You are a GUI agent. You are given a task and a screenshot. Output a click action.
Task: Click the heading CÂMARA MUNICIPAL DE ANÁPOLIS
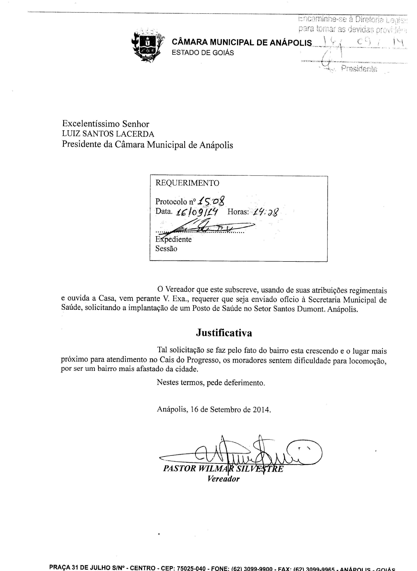[242, 42]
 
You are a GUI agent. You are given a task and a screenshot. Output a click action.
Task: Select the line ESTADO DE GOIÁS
[203, 53]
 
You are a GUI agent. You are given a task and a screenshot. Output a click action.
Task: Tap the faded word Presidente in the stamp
[359, 68]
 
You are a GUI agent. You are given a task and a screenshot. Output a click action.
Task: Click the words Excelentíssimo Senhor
[106, 124]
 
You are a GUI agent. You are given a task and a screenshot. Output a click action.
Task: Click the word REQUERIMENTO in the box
[187, 183]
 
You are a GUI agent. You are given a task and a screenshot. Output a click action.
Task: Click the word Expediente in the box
[173, 239]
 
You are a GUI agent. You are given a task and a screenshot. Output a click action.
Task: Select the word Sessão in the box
[166, 249]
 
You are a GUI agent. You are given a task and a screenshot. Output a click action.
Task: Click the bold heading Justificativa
[224, 333]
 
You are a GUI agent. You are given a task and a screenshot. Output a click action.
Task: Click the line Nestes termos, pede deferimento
[211, 383]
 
